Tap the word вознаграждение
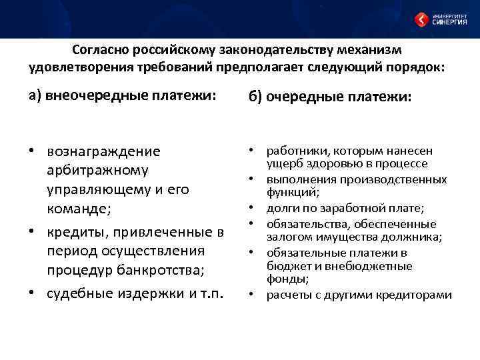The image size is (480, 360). [x=104, y=151]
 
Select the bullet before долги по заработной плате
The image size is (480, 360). [x=254, y=209]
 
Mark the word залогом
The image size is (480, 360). [x=287, y=237]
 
